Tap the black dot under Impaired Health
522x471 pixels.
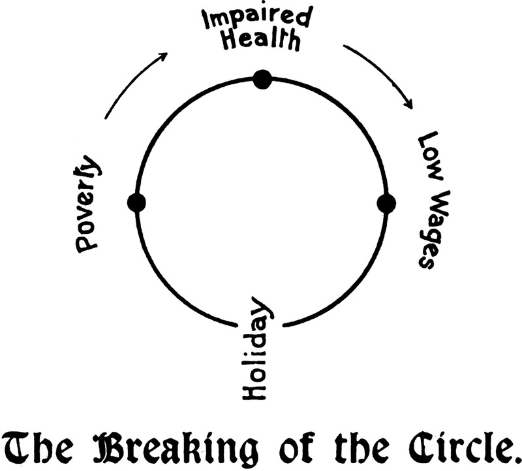click(262, 79)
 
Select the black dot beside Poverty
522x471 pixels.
click(137, 203)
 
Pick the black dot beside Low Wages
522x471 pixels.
click(386, 203)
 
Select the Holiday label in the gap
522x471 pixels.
click(256, 351)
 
